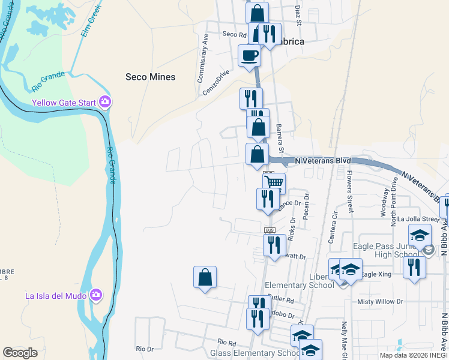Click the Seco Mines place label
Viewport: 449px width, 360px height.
point(150,77)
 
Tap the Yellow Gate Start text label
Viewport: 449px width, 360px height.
point(64,103)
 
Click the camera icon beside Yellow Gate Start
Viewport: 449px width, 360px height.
point(106,103)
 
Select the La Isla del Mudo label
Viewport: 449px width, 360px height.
point(56,295)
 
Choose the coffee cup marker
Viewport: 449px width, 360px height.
point(250,56)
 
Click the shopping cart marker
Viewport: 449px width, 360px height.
point(274,182)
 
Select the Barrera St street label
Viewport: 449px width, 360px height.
point(280,138)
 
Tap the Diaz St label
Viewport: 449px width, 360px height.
point(297,11)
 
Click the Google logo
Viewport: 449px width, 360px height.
point(20,353)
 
